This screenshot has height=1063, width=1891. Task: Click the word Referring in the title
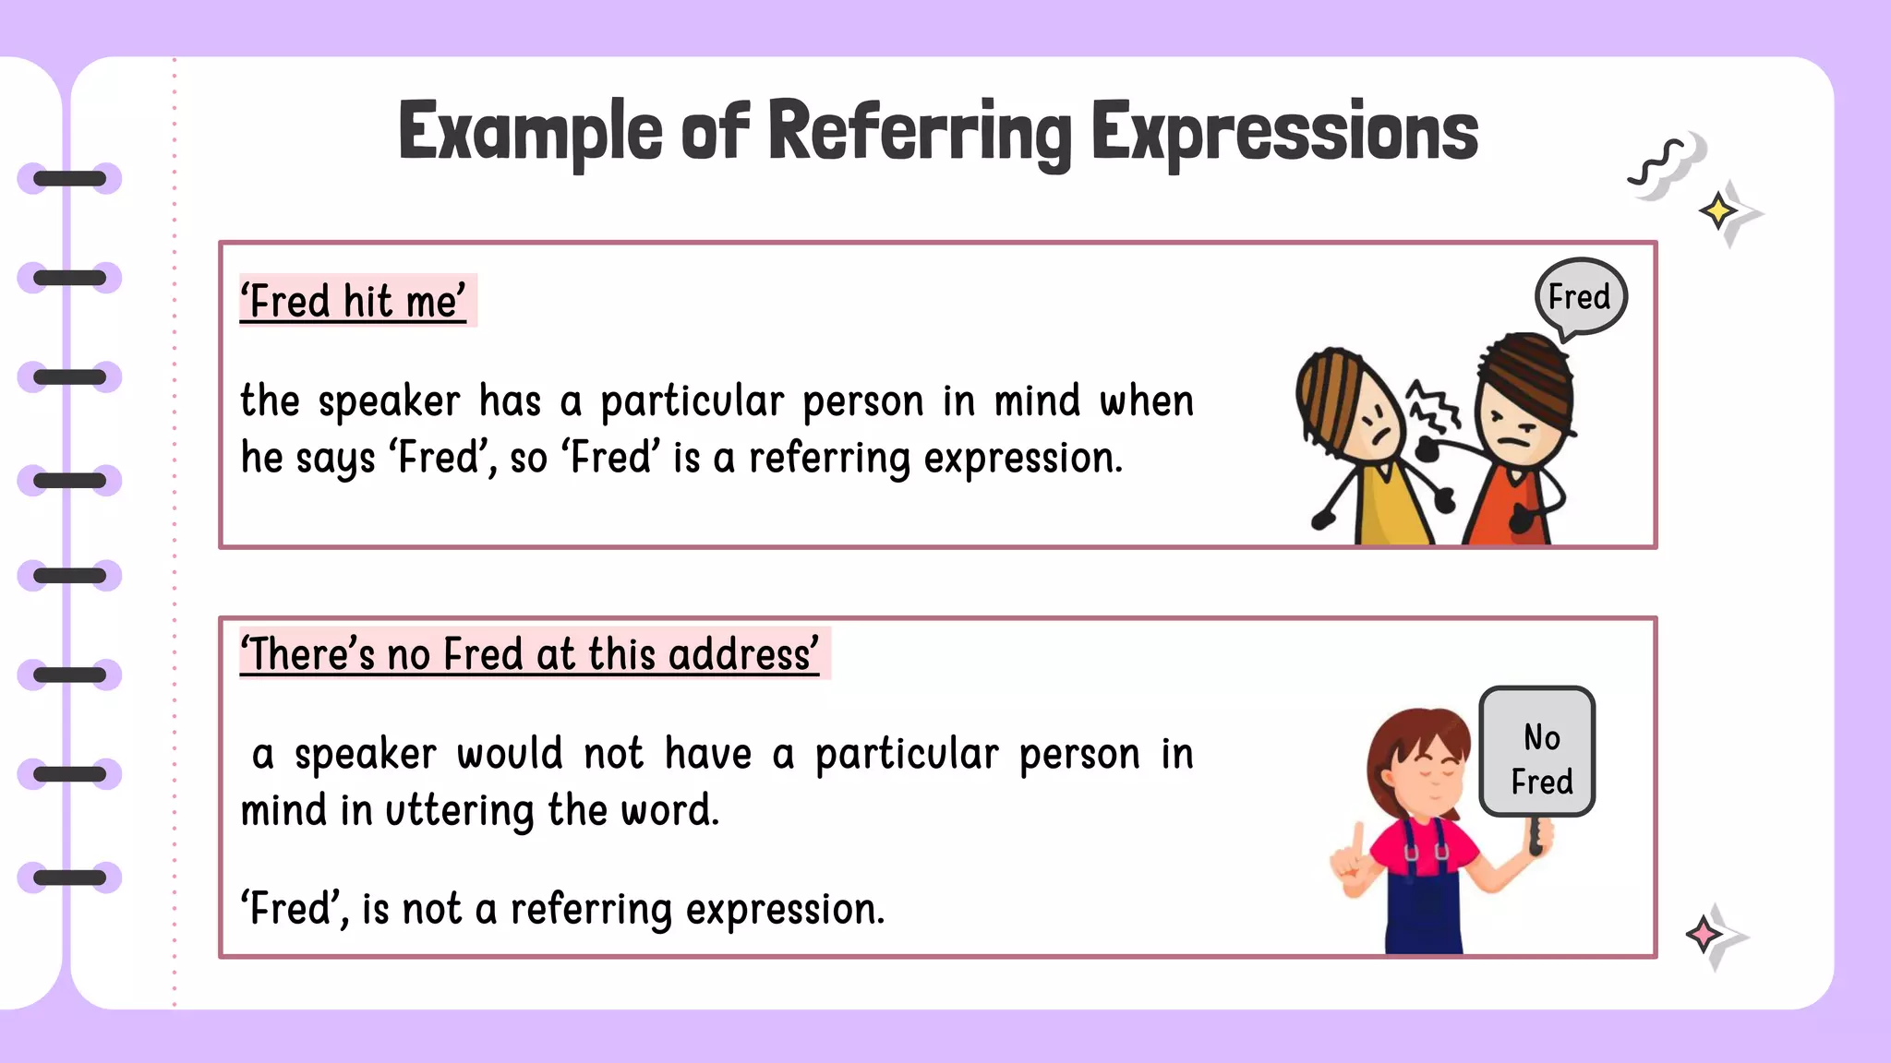[x=919, y=132]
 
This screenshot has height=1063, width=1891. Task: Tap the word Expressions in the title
[x=1284, y=132]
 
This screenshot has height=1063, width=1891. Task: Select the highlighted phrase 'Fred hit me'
[x=355, y=302]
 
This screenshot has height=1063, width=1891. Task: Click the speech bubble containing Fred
[x=1580, y=297]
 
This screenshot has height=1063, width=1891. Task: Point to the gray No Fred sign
[x=1538, y=752]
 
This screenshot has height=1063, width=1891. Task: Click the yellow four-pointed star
[x=1717, y=211]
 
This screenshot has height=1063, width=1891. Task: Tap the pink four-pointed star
[x=1704, y=935]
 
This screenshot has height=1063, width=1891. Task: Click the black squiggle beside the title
[x=1659, y=163]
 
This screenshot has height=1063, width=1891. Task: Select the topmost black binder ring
[x=70, y=178]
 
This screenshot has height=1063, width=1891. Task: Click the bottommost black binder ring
[x=70, y=878]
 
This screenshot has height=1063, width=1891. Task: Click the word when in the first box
[x=1147, y=401]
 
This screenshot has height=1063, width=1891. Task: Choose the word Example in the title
[x=530, y=132]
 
